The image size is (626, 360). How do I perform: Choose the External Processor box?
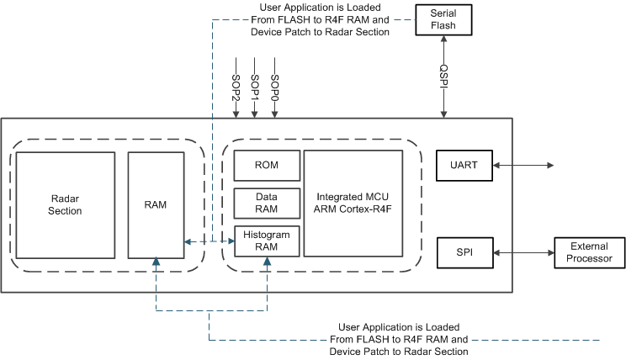click(589, 252)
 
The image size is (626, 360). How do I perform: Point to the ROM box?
click(267, 166)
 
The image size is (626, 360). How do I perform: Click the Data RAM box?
click(267, 203)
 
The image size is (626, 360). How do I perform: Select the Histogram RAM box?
click(267, 241)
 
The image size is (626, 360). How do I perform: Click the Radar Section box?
click(66, 205)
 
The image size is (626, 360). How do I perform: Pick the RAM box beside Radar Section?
click(156, 204)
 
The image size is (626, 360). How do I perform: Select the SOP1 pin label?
click(255, 87)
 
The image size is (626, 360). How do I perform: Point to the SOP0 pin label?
click(274, 87)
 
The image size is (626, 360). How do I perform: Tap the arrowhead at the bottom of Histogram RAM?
click(267, 262)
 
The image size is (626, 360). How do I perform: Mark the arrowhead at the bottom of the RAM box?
click(156, 262)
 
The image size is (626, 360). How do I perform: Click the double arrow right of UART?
click(522, 166)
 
